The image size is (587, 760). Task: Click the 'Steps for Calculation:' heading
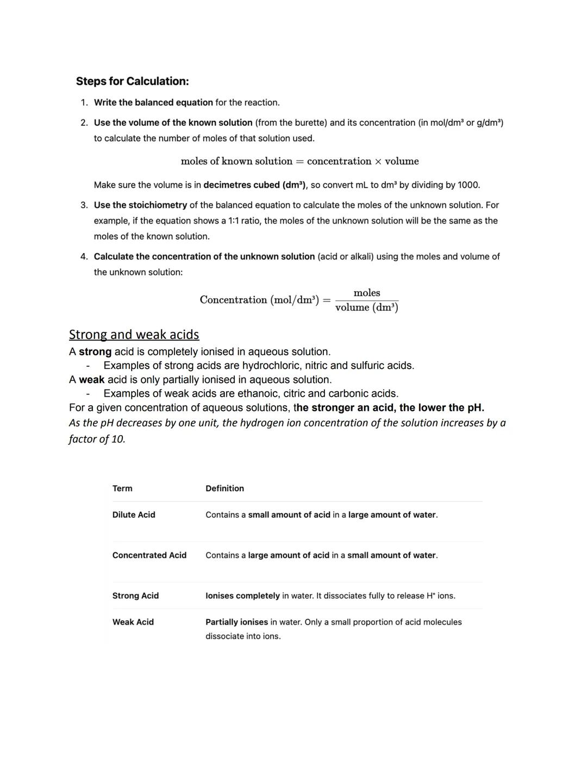[132, 81]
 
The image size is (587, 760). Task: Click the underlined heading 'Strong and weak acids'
[134, 334]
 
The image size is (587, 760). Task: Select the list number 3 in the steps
[84, 205]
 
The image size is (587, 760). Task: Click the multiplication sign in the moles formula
[376, 162]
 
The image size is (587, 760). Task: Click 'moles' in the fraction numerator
[367, 293]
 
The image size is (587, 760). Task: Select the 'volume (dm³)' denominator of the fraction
[367, 307]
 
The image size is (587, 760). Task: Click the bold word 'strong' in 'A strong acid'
[95, 352]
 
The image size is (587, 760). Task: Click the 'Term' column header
[122, 489]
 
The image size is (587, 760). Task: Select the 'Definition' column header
[224, 489]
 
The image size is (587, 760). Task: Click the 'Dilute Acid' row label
[134, 515]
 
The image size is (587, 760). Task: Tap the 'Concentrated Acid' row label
[149, 555]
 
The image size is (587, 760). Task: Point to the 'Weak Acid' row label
[133, 622]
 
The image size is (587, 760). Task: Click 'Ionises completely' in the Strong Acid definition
[242, 596]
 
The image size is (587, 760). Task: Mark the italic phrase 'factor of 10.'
[97, 439]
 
